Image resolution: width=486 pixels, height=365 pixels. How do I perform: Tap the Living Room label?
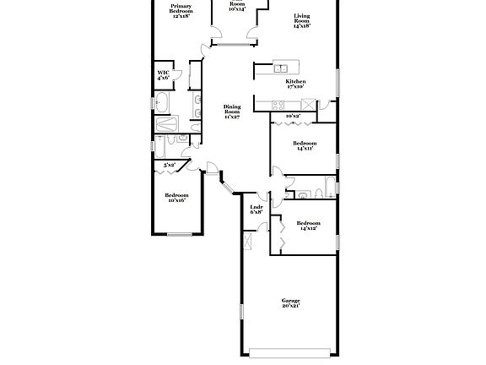[302, 21]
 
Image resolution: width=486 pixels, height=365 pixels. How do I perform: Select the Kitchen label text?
[294, 83]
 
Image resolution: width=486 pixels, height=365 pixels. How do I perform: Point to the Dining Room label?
[232, 112]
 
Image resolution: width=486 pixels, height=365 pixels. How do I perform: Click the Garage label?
[290, 303]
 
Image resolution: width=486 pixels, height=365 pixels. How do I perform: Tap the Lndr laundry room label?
[256, 209]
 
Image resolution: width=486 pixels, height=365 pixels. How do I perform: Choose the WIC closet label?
[164, 75]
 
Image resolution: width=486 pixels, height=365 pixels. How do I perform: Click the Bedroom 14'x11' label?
[304, 146]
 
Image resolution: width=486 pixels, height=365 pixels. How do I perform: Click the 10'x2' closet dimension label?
[293, 116]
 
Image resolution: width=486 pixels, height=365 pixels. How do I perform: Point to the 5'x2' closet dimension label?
[170, 165]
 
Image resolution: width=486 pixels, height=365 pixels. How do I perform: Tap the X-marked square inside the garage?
[247, 244]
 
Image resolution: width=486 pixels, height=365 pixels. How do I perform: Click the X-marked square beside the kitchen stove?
[309, 104]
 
